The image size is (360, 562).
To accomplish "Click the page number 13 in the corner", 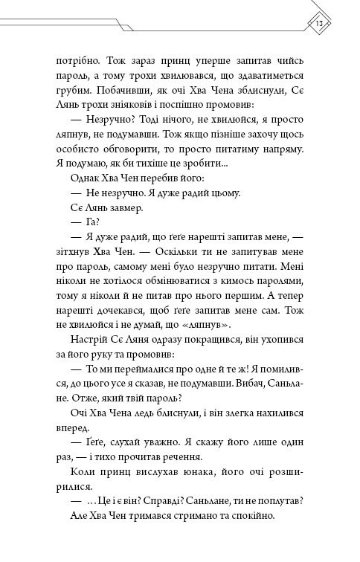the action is coord(318,22).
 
